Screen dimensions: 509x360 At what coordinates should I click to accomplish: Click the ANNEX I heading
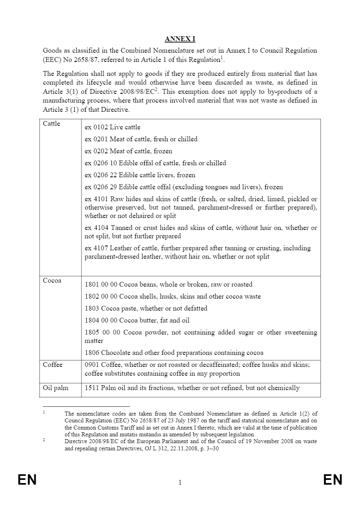coord(180,39)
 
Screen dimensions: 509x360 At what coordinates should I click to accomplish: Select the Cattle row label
coord(52,124)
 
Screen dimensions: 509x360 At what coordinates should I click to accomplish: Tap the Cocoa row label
coord(52,281)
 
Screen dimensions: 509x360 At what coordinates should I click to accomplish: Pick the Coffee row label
coord(53,365)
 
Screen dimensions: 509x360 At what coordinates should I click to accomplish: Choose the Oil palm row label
coord(56,388)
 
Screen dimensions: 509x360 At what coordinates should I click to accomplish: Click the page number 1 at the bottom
coord(180,483)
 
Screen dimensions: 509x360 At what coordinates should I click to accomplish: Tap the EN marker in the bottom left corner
coord(27,480)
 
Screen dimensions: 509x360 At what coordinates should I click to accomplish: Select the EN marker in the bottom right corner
coord(333,480)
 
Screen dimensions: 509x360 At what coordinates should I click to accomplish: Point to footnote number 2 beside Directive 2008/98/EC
coord(44,440)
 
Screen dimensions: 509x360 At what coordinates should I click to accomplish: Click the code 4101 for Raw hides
coord(101,199)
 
